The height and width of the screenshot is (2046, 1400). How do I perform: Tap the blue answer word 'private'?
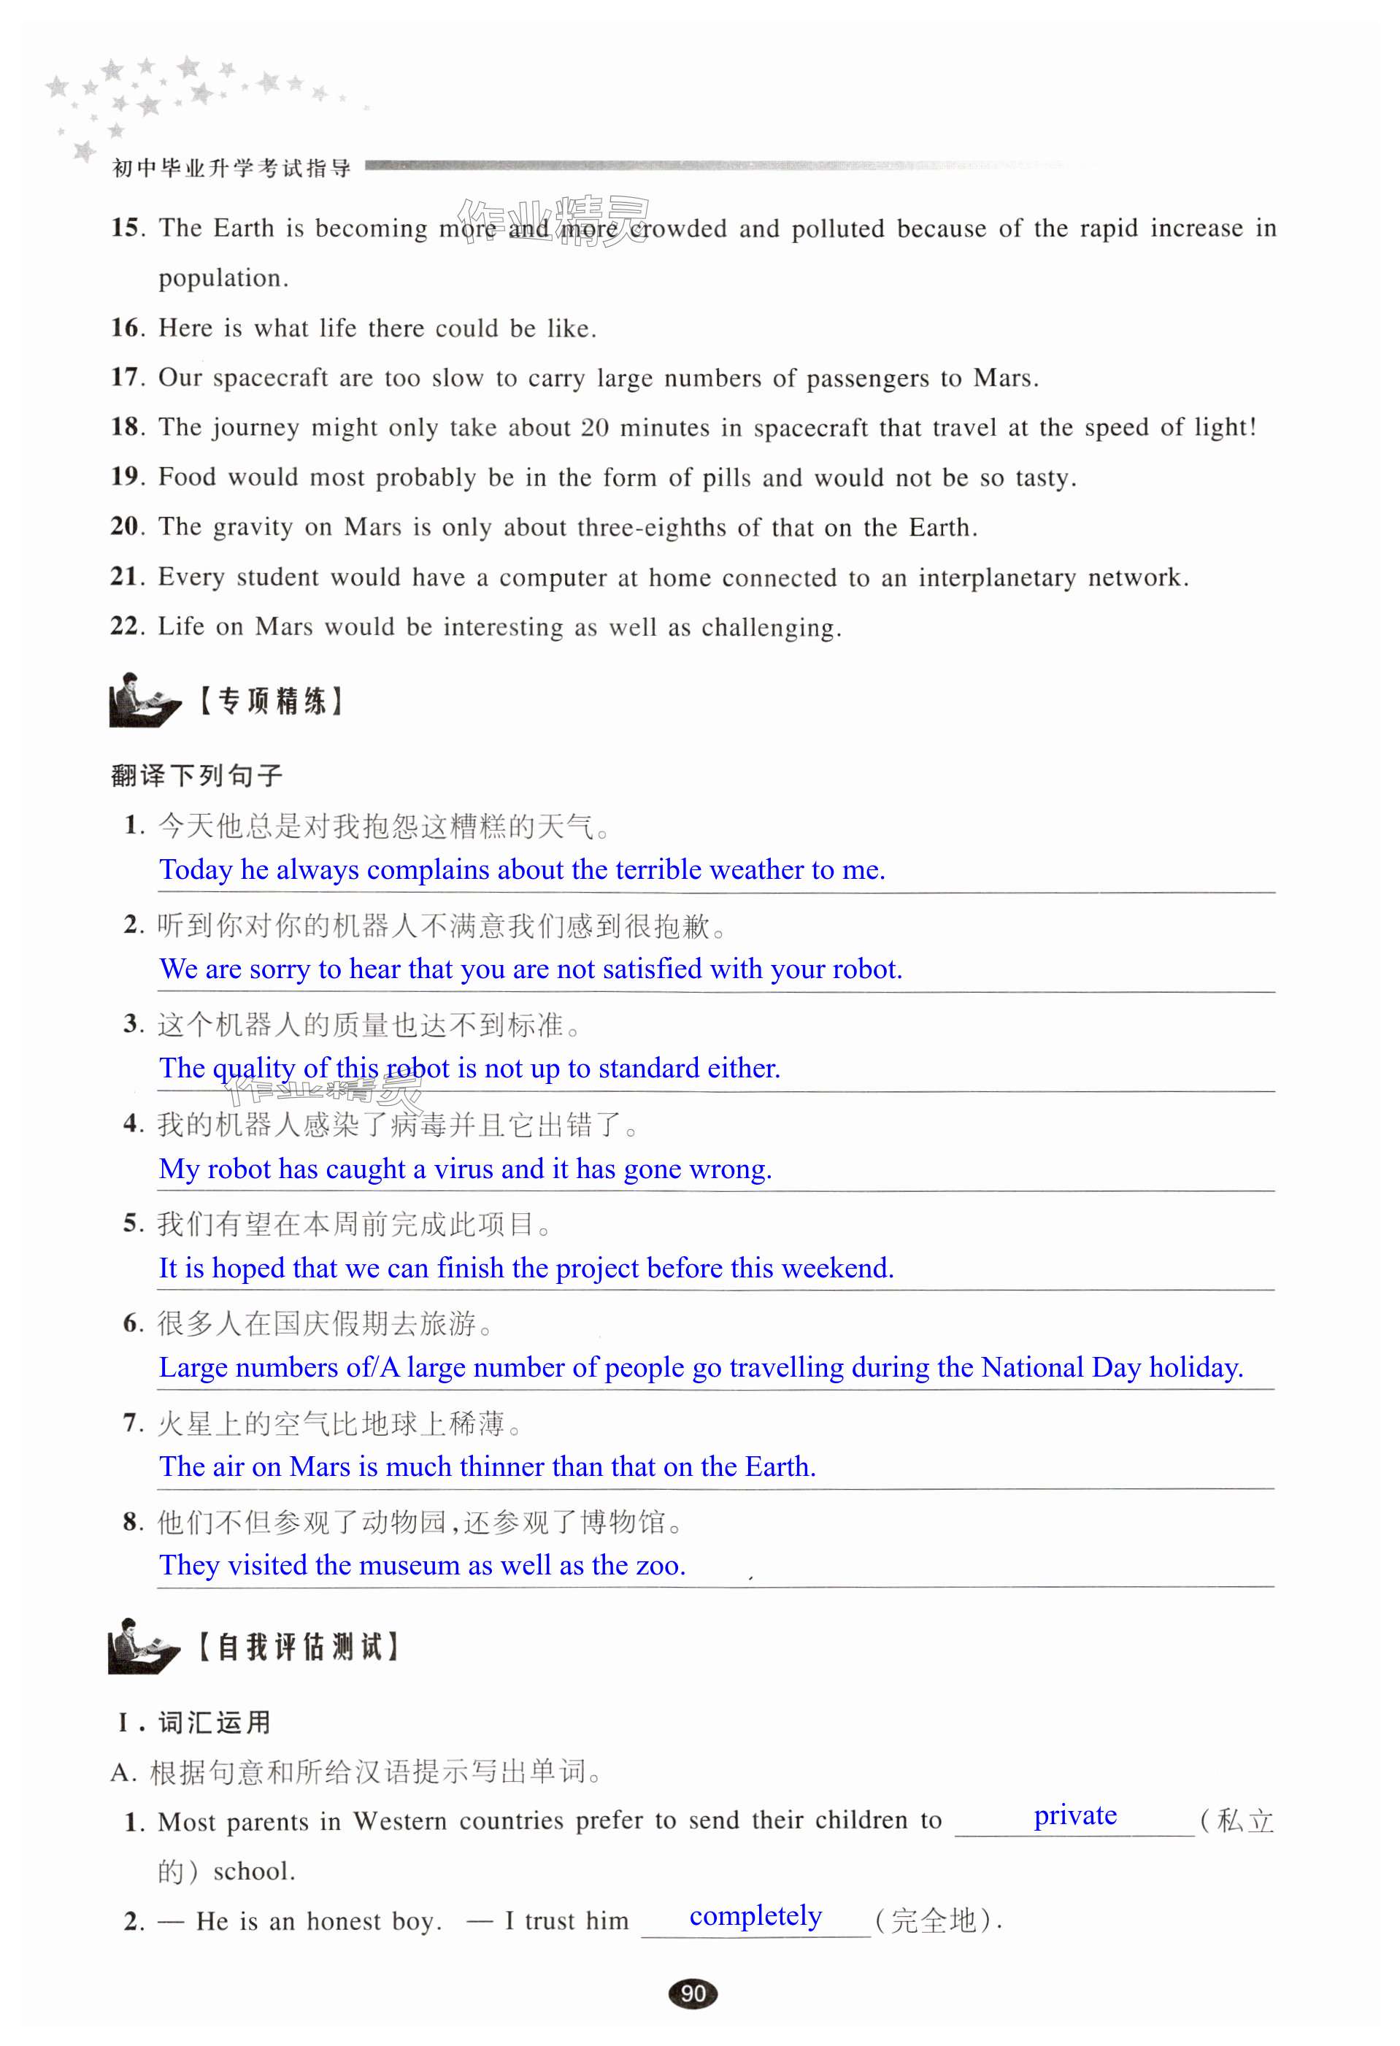pos(1074,1815)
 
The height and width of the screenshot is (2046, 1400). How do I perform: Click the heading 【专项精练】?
pos(269,701)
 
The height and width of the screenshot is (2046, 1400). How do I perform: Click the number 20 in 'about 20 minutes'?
pos(594,428)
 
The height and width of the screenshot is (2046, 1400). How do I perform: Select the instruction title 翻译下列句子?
pos(196,776)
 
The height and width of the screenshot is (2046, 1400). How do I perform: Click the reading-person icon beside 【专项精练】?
pos(141,701)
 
